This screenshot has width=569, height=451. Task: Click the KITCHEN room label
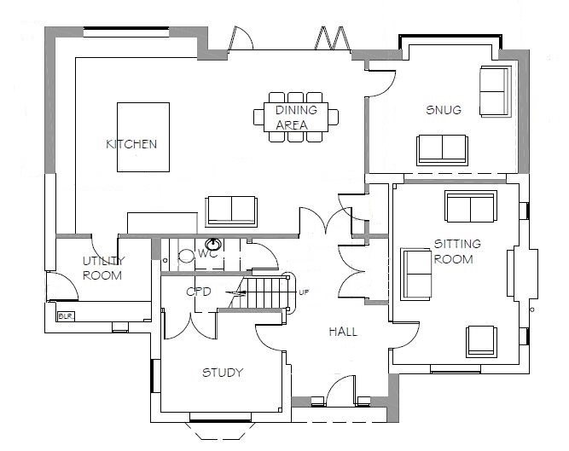click(131, 144)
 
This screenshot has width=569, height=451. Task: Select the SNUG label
click(443, 110)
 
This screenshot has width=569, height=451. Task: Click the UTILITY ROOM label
click(103, 268)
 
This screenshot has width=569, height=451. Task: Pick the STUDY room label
click(222, 373)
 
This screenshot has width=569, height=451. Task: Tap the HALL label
click(342, 332)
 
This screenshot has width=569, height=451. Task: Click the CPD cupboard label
click(199, 292)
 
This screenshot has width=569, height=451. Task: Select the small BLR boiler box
click(64, 316)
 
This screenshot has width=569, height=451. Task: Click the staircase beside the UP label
click(267, 292)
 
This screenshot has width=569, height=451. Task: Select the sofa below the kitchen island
click(230, 210)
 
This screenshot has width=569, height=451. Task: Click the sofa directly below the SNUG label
click(442, 148)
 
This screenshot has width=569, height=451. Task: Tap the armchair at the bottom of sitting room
click(479, 340)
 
